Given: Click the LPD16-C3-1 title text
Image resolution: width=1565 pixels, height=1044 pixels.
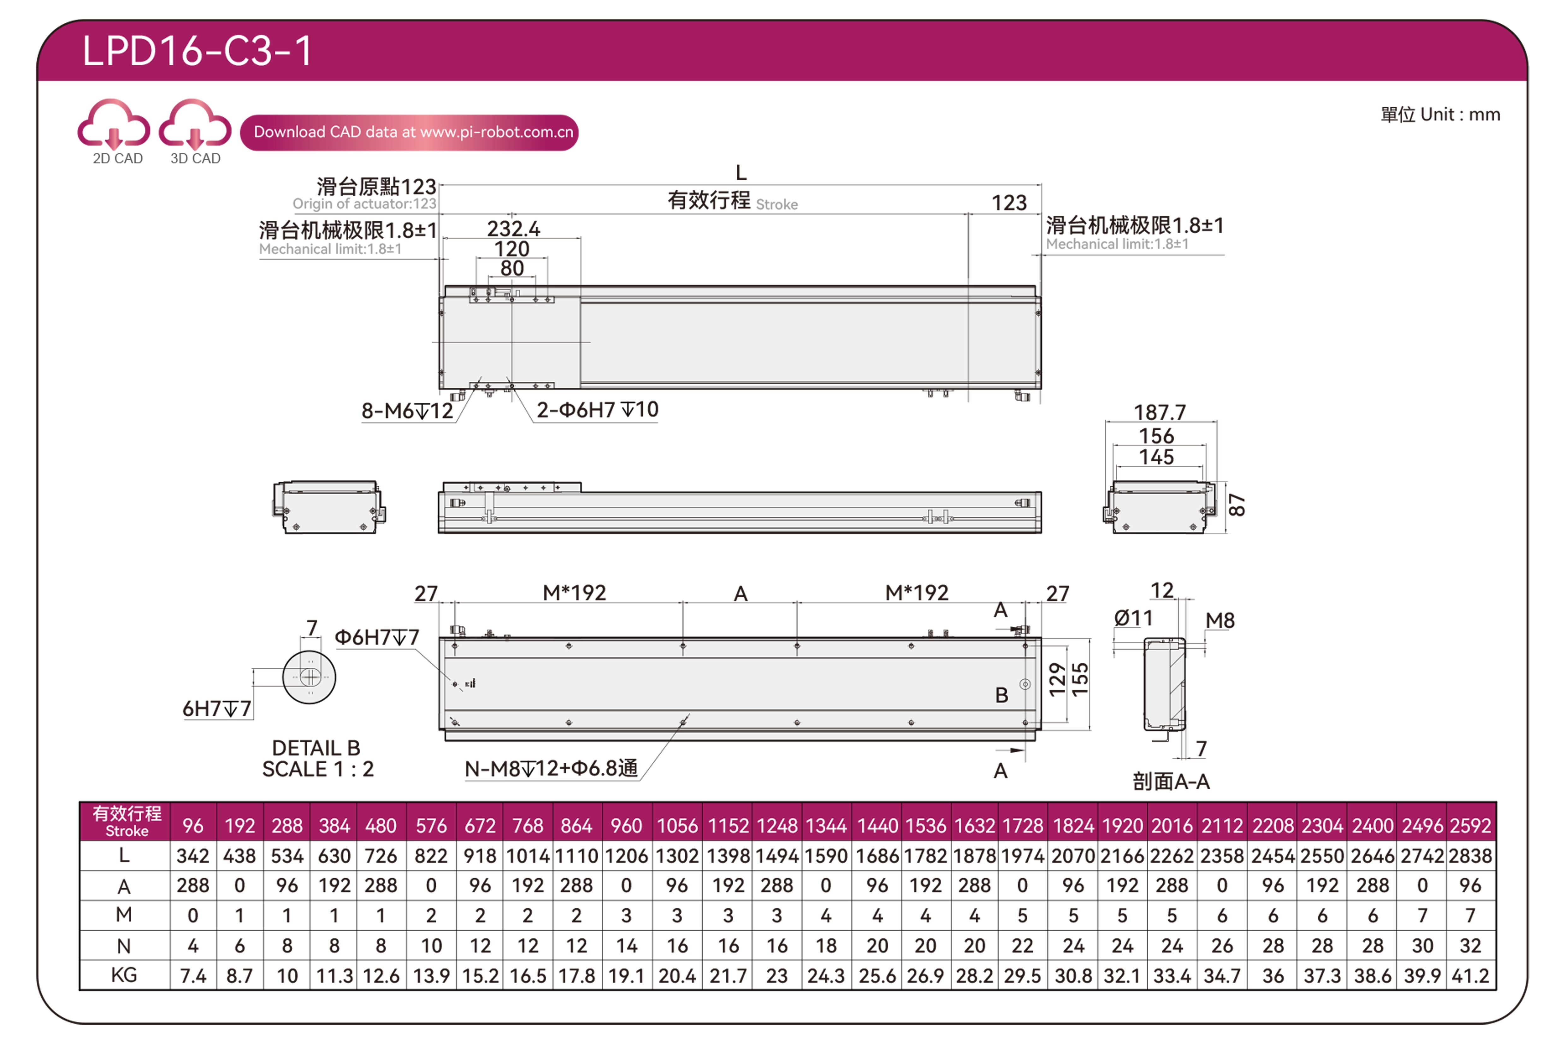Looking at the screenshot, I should pos(197,51).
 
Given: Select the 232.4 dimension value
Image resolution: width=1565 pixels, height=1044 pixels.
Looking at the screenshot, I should pos(513,229).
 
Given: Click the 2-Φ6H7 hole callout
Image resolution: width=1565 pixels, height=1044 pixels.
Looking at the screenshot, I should pos(597,409).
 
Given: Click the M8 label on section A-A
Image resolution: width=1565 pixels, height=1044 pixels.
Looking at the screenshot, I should pos(1220,621).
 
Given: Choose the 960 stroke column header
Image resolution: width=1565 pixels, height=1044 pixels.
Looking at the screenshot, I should pos(626,826).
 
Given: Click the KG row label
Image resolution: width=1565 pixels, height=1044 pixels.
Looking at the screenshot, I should pos(124,975).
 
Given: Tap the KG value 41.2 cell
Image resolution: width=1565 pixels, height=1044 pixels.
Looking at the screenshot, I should pos(1471,976).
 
